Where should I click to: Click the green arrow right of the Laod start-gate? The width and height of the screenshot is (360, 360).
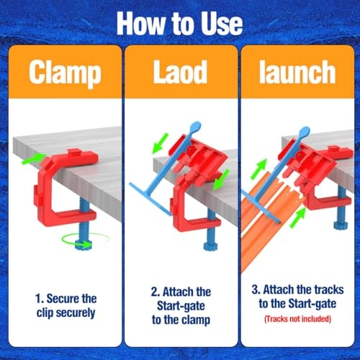pos(223,174)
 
